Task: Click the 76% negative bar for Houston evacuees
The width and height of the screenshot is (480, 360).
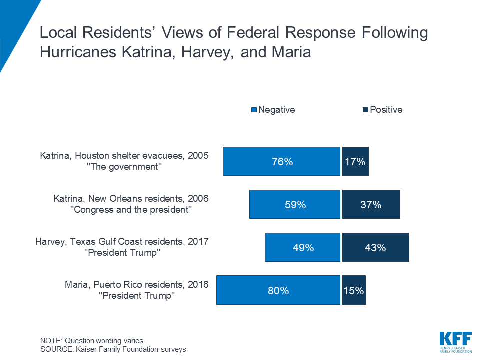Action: tap(282, 161)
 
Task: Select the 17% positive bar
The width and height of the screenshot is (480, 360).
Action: tap(355, 161)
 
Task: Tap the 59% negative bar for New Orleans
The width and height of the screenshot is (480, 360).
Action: tap(295, 204)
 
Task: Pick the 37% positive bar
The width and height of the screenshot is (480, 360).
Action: tap(371, 204)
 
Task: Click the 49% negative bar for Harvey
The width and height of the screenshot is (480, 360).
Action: tap(303, 247)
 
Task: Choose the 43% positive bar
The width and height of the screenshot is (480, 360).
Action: tap(375, 247)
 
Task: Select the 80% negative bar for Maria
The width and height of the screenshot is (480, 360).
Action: tap(278, 290)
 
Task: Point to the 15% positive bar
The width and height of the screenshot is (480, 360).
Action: tap(354, 290)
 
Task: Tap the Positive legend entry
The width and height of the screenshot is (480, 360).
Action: tap(382, 110)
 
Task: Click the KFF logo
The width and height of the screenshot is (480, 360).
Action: tap(455, 342)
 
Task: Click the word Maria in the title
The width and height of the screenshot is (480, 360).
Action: tap(290, 52)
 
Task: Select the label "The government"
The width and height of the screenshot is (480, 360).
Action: tap(125, 167)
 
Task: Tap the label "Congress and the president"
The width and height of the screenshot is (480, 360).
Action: tap(133, 210)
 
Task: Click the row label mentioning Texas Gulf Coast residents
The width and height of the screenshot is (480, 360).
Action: tap(122, 242)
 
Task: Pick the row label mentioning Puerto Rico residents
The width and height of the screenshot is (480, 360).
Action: tap(137, 285)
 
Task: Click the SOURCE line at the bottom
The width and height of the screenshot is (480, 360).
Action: tap(113, 349)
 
